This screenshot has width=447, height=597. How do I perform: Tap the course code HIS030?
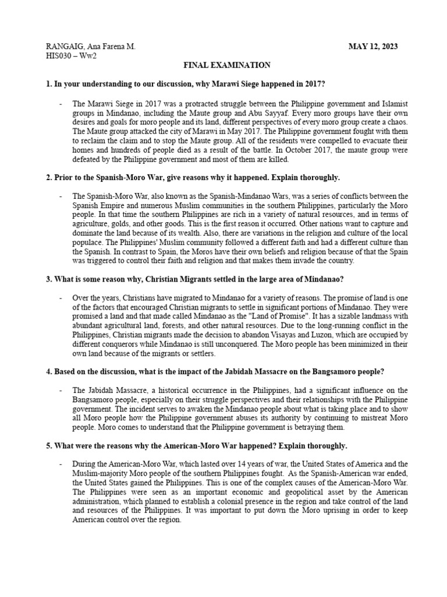click(x=59, y=56)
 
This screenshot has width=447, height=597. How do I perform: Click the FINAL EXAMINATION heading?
click(x=223, y=66)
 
